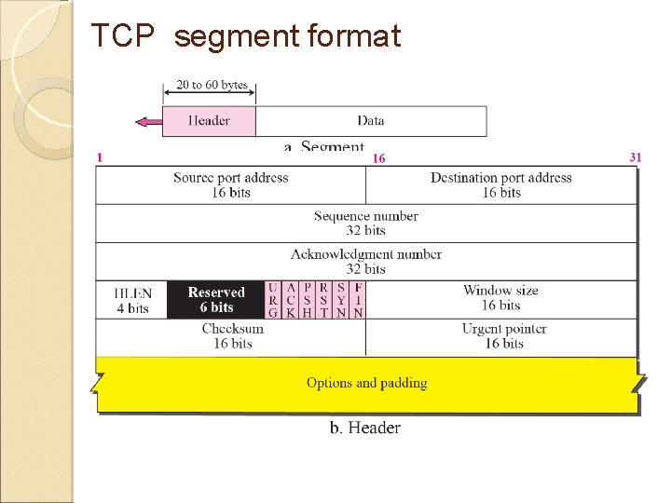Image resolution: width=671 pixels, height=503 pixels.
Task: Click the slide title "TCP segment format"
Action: [246, 36]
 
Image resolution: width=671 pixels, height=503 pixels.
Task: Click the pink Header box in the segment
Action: [209, 121]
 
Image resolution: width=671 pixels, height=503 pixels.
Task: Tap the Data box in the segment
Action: [371, 121]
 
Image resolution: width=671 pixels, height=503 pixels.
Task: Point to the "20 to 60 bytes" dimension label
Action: [212, 85]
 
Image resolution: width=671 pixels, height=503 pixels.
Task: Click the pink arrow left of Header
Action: [147, 121]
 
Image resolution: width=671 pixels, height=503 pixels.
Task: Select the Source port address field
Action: [230, 184]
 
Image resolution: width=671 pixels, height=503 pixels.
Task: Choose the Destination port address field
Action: [500, 184]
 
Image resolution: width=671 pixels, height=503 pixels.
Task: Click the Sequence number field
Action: [365, 223]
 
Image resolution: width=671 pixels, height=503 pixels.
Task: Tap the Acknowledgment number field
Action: [365, 262]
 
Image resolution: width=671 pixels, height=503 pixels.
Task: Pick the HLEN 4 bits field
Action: [132, 300]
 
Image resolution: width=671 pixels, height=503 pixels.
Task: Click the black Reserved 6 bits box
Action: [216, 300]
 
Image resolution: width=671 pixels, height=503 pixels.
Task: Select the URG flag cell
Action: [273, 300]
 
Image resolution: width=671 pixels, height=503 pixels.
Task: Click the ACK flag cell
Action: [291, 300]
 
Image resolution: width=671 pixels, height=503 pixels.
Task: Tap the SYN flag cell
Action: [341, 300]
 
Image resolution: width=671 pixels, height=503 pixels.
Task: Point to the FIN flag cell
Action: [358, 300]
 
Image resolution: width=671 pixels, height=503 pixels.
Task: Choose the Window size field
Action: [500, 298]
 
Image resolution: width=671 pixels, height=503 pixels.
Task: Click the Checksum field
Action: [232, 336]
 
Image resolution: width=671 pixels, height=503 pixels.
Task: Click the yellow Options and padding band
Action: [366, 384]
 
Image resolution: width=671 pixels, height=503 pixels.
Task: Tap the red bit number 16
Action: [378, 158]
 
